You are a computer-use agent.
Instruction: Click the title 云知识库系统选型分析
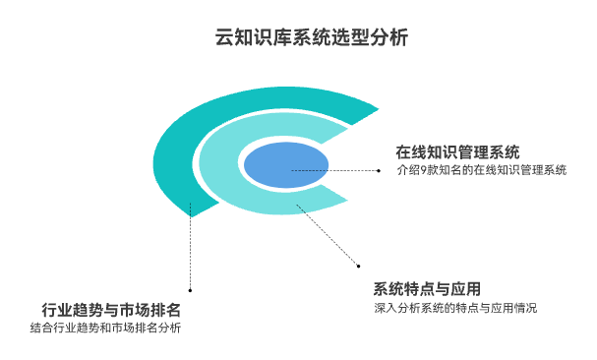(x=298, y=38)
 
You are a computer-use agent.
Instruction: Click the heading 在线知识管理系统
(x=457, y=151)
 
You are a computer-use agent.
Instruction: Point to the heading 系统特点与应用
(x=427, y=288)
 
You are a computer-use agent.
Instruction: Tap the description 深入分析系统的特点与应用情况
(x=455, y=308)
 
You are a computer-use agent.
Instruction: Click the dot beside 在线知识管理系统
(x=379, y=170)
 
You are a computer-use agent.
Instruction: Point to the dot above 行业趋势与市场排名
(x=190, y=289)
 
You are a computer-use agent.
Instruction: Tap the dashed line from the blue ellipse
(x=334, y=170)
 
